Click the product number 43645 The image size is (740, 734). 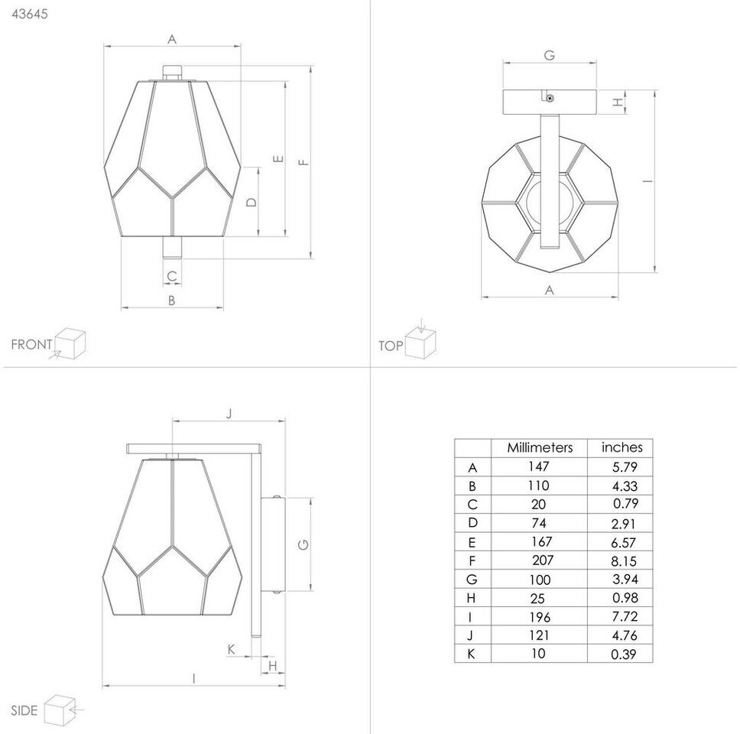(x=30, y=14)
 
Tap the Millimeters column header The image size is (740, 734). (x=540, y=447)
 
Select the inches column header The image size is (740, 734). (x=622, y=447)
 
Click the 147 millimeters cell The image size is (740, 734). (x=538, y=466)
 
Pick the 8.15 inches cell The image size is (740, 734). (x=624, y=560)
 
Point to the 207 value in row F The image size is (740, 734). (x=543, y=560)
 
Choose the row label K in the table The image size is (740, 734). (x=471, y=654)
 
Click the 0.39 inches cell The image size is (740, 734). (x=624, y=654)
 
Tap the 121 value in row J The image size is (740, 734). (x=539, y=635)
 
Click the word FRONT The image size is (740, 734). (x=31, y=345)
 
